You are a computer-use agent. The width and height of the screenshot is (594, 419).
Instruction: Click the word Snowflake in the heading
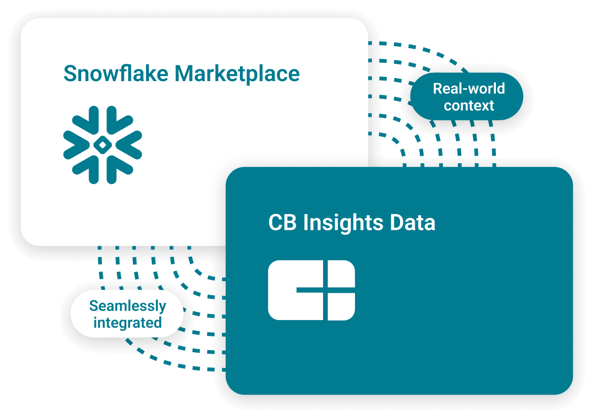coord(116,74)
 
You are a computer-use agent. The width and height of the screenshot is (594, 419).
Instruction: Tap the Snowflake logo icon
coord(102,145)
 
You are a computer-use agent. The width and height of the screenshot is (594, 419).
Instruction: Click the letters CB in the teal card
coord(283,223)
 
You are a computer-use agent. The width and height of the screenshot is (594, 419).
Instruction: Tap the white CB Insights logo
coord(311,290)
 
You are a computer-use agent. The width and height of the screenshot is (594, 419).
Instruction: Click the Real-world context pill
coord(468,97)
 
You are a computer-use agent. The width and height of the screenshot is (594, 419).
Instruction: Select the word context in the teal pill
coord(469,106)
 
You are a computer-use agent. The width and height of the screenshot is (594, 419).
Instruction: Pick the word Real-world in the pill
coord(469,89)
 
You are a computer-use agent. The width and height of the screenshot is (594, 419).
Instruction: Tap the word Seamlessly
coord(127,306)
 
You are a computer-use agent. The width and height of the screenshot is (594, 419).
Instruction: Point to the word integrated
coord(127,323)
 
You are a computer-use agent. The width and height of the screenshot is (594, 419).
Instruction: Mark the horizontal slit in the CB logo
coord(324,290)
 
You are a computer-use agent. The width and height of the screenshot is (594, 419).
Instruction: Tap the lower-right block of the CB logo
coord(341,307)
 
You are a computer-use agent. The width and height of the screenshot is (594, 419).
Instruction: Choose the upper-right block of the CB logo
coord(341,273)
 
